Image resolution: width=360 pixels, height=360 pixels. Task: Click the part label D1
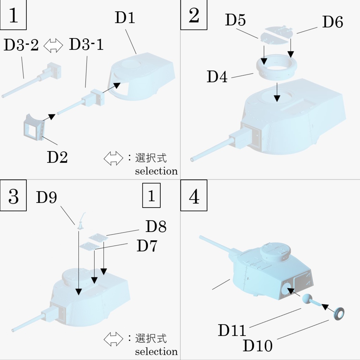125,18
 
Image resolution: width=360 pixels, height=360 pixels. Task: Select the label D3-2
21,45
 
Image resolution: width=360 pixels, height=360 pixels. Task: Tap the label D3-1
86,45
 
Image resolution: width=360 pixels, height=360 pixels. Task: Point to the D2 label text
57,157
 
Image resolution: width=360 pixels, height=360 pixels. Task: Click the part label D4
217,77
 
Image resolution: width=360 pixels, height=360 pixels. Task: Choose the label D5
235,20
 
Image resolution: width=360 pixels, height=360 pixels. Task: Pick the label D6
333,22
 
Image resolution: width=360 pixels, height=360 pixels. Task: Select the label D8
156,227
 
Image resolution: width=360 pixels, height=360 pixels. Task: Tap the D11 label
232,331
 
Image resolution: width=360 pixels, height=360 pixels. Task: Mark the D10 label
257,346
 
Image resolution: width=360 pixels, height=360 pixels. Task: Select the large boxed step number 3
13,197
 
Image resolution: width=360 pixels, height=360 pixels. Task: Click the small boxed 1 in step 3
151,196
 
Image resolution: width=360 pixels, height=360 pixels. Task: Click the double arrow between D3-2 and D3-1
53,45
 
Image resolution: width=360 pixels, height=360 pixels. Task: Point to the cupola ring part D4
276,67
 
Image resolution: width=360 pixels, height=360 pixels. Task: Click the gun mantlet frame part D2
33,127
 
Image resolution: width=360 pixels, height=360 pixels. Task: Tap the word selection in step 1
156,171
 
